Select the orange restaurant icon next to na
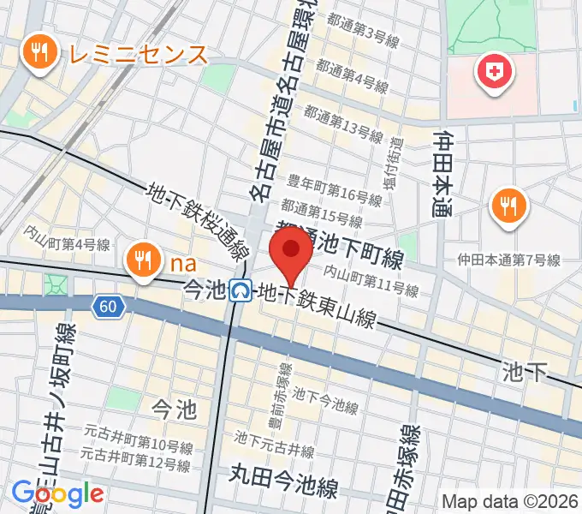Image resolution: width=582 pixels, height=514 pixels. [140, 258]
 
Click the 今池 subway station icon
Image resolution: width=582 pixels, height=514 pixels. [241, 292]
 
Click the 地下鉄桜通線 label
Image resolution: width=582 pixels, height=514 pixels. [198, 224]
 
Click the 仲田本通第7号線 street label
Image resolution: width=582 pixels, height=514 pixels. [508, 260]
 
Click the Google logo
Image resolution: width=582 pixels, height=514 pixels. [57, 493]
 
